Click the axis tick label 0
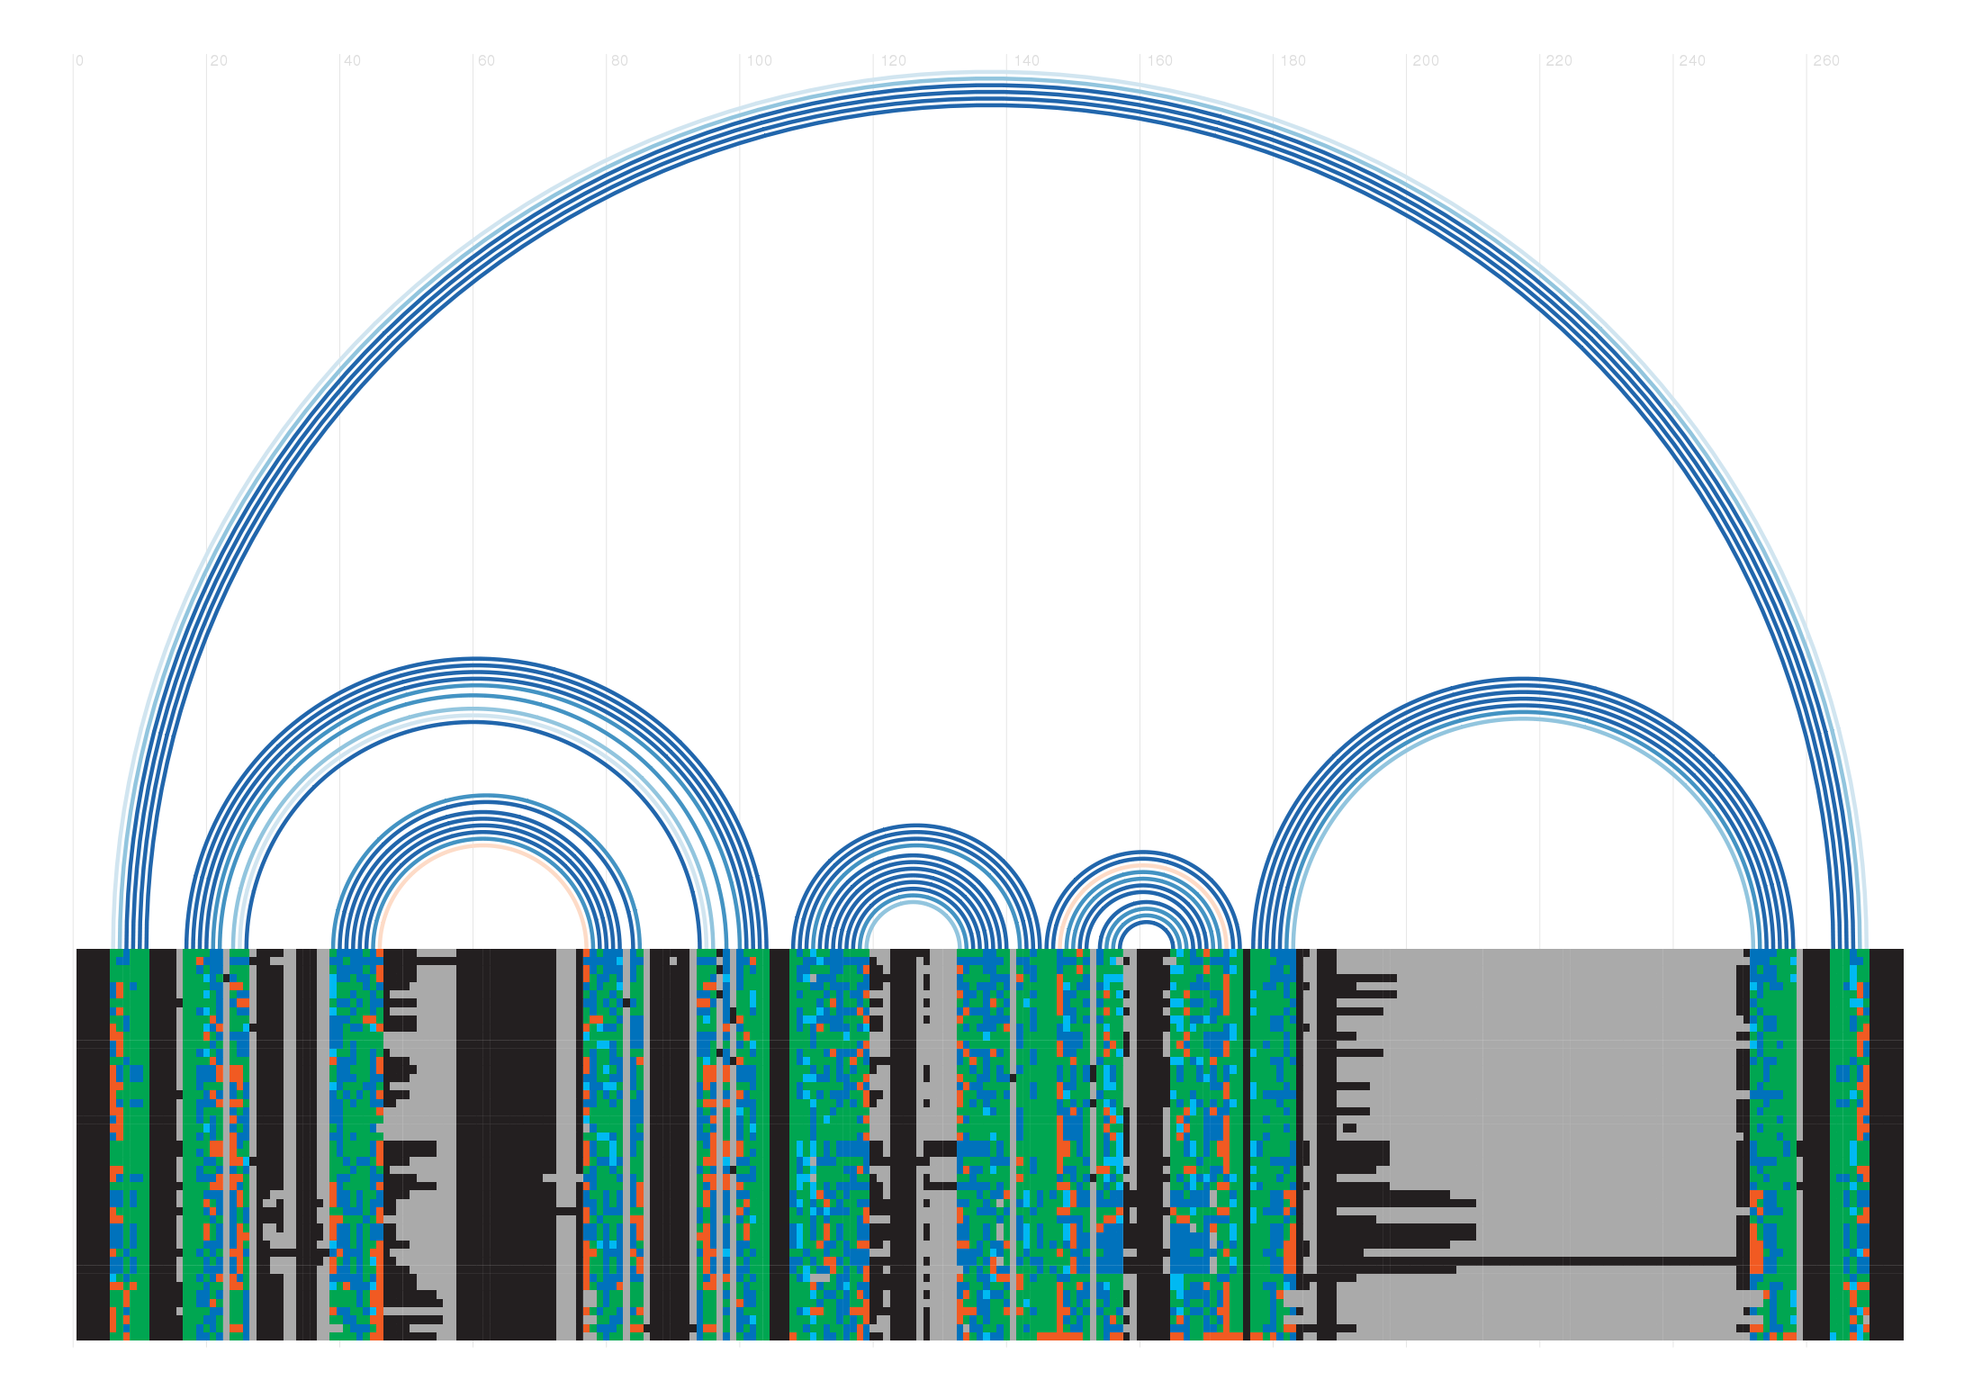click(79, 61)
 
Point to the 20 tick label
click(218, 61)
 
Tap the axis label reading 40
click(351, 61)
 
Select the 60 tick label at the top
click(485, 61)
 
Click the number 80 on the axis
click(618, 61)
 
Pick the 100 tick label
click(759, 61)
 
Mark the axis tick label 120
click(893, 61)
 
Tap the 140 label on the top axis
click(1026, 61)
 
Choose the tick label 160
click(1159, 61)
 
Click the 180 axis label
click(1293, 61)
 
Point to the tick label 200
click(1426, 61)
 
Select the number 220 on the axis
click(1559, 61)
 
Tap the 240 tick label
click(1692, 61)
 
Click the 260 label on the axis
click(1825, 61)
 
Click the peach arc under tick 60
click(483, 845)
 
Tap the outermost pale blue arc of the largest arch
click(990, 73)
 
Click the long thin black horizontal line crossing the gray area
click(1575, 1260)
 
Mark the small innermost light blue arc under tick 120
click(914, 903)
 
